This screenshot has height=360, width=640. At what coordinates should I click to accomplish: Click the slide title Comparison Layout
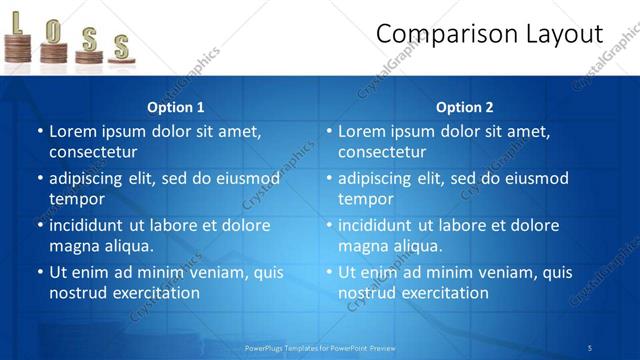tap(489, 34)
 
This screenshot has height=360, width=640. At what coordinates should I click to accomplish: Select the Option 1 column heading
tap(175, 107)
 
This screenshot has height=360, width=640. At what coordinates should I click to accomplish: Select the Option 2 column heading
tap(464, 107)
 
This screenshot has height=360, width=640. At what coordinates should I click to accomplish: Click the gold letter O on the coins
tap(52, 31)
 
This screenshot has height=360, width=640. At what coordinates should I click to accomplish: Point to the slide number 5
tap(590, 347)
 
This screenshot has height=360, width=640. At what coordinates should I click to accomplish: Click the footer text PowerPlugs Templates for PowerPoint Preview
tap(320, 347)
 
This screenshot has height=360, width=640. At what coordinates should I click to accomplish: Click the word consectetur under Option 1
tap(93, 152)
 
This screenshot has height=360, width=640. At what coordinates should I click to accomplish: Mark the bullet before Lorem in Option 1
tap(40, 131)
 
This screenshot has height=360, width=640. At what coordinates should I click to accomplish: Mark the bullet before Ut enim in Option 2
tap(329, 272)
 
